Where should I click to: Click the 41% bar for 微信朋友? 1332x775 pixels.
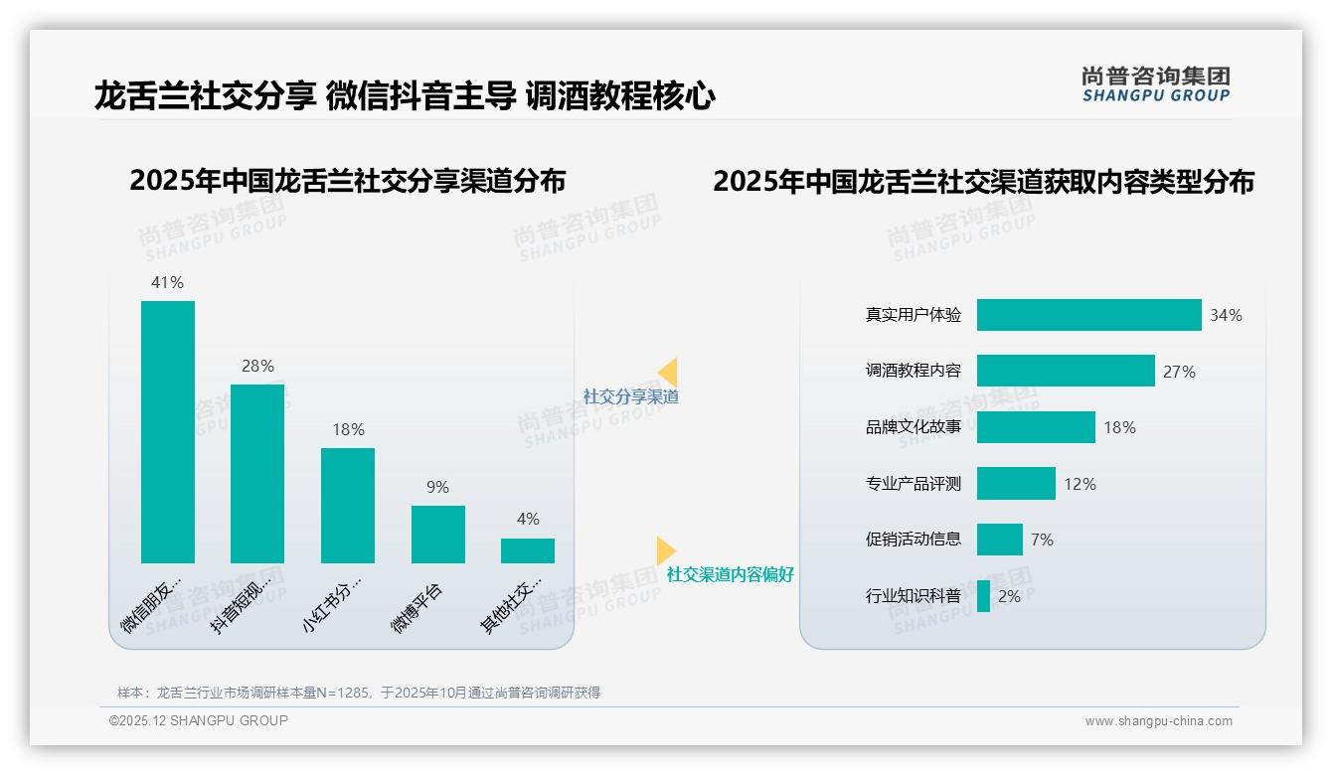168,432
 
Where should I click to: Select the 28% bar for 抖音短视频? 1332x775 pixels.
257,474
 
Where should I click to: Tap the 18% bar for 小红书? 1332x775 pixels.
348,506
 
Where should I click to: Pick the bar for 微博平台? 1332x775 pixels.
438,535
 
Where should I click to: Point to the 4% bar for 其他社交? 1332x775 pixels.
528,550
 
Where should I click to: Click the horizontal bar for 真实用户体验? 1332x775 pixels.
1088,315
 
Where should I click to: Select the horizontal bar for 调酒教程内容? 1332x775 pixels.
1066,371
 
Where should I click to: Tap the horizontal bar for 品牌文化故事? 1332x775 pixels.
1036,427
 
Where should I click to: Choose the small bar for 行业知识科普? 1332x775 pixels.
983,596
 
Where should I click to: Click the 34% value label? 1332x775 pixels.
1226,315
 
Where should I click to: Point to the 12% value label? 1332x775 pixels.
1080,484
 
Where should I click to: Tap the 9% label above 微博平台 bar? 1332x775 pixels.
437,487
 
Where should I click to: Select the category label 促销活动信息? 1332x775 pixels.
914,539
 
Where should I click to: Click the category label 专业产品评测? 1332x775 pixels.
914,484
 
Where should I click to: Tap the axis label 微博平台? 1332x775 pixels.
417,608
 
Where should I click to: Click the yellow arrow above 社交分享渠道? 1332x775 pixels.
667,373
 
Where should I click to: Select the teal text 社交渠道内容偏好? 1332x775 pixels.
731,574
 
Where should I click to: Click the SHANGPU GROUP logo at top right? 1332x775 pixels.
1155,84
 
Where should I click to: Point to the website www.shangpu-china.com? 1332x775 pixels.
1158,721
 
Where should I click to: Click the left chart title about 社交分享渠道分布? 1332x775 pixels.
347,181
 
